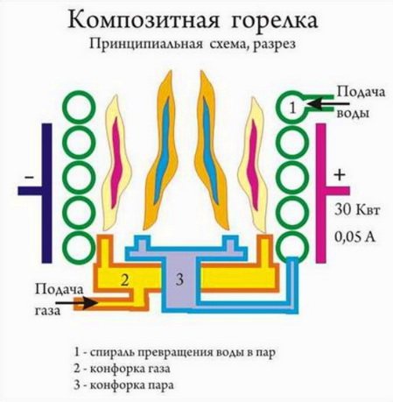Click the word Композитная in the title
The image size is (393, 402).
(x=144, y=20)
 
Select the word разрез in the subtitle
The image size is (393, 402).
(x=274, y=45)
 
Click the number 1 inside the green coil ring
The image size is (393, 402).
(x=293, y=108)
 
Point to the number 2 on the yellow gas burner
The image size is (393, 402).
(x=125, y=280)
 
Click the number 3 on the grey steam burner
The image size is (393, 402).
(x=179, y=279)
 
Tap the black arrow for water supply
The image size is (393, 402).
(x=327, y=104)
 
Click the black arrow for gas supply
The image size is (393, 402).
(x=77, y=303)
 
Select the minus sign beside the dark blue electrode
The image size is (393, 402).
(x=29, y=177)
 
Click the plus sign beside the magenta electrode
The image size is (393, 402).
(x=340, y=175)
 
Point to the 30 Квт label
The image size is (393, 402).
(x=357, y=210)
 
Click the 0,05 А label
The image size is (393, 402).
(x=354, y=237)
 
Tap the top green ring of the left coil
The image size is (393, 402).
(x=80, y=107)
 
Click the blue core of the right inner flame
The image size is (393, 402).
(x=210, y=151)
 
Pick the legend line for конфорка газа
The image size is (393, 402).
(x=122, y=369)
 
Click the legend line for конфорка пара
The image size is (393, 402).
(x=124, y=385)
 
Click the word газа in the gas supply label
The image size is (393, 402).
(x=48, y=310)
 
